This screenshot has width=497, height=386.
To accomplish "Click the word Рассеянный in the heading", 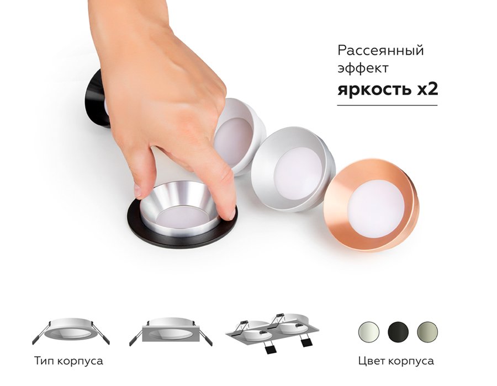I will [x=380, y=51].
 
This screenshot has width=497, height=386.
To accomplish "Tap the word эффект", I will [x=363, y=68].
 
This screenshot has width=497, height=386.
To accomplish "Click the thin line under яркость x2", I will [x=387, y=105].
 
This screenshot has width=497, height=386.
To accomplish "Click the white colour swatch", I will [x=368, y=331].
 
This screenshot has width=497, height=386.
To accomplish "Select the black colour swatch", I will [x=398, y=331].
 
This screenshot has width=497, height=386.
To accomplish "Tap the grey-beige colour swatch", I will [x=427, y=331].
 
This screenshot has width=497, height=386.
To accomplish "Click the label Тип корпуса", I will [x=68, y=362].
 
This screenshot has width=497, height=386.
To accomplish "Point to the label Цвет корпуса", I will [x=396, y=362].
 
